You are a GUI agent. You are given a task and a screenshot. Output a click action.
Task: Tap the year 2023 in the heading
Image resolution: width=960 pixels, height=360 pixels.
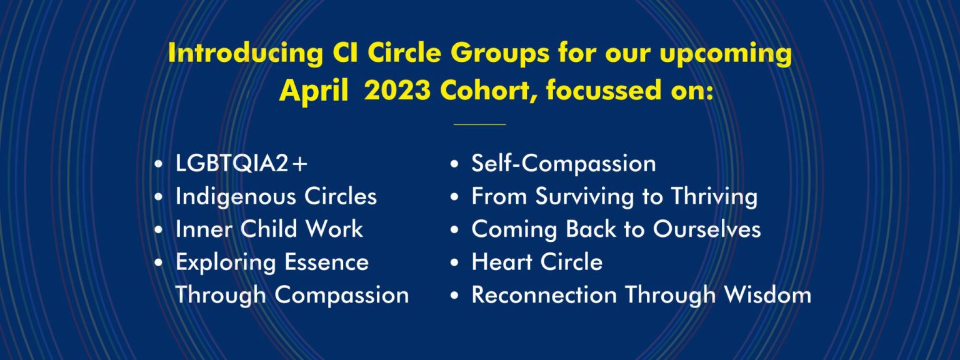click(x=397, y=91)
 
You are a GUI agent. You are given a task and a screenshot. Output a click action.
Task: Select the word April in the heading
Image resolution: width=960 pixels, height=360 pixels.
click(x=314, y=91)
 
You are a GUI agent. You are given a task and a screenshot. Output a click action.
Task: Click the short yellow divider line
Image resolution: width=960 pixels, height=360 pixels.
click(x=479, y=124)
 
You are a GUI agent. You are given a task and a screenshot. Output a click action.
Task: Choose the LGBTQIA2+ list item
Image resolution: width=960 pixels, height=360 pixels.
click(x=242, y=164)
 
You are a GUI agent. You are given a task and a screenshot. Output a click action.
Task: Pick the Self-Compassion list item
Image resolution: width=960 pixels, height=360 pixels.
click(x=564, y=164)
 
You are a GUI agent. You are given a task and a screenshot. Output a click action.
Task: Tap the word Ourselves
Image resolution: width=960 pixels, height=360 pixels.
click(x=707, y=229)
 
